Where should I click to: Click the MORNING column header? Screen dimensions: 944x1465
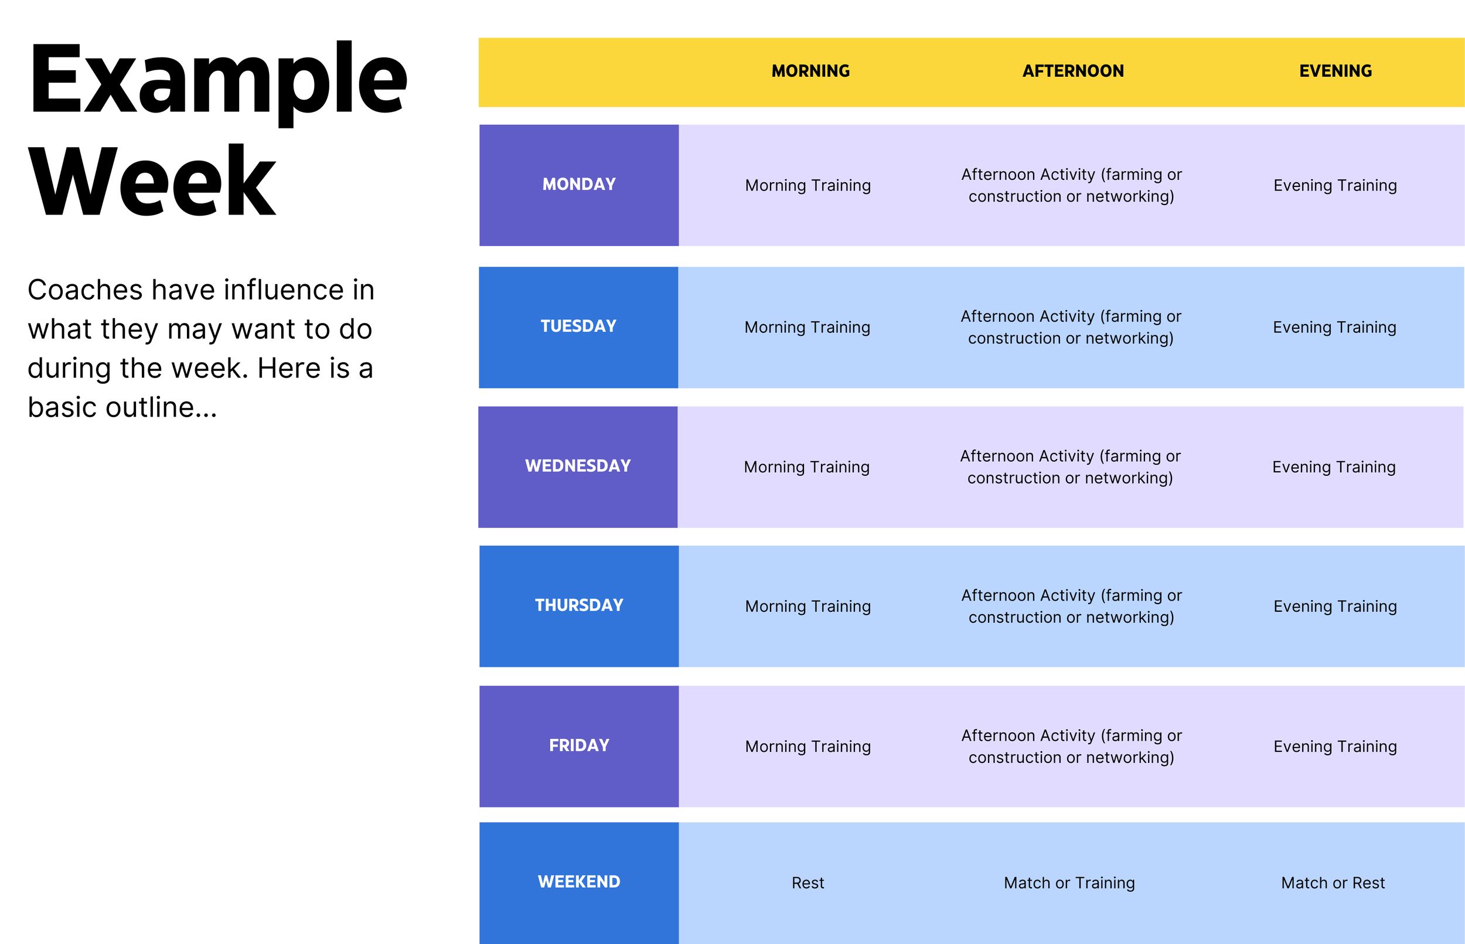point(810,71)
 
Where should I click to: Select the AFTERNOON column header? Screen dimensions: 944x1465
point(1073,71)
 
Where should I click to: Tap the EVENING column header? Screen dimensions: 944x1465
point(1335,71)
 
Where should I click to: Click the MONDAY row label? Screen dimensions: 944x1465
point(578,184)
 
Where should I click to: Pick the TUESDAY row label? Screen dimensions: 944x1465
point(578,326)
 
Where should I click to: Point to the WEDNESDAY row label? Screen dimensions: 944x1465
point(577,466)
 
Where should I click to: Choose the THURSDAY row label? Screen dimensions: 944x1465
point(578,605)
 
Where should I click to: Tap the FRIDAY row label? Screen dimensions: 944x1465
point(578,745)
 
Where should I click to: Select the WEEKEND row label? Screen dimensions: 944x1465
point(578,881)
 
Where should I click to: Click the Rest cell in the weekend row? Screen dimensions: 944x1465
point(808,882)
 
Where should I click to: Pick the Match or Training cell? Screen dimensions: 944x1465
point(1069,882)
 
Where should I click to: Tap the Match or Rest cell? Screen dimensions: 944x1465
point(1333,882)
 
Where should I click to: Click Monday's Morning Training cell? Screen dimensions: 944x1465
point(808,185)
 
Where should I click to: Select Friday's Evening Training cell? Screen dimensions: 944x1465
point(1334,746)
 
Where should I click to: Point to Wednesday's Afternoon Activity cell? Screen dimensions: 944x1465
point(1069,466)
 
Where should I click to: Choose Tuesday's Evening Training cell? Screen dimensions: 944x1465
point(1334,328)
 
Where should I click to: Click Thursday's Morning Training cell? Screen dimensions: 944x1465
point(808,606)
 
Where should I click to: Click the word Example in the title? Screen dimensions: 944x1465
point(217,80)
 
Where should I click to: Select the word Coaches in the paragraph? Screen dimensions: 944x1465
point(84,290)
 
